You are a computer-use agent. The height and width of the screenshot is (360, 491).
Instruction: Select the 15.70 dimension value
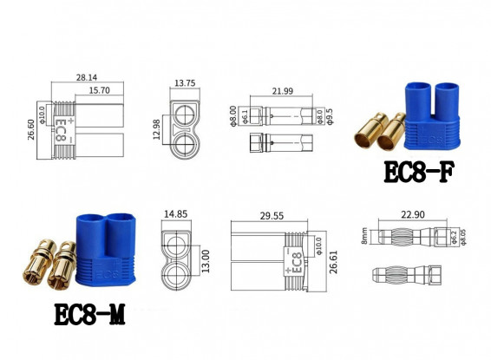point(97,88)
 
